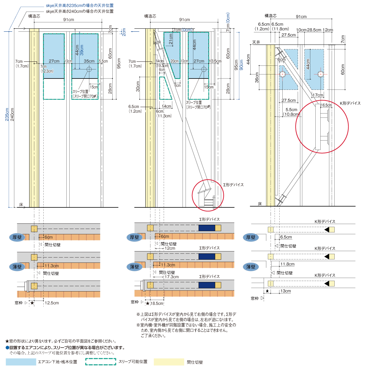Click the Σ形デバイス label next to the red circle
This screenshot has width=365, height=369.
pos(233,185)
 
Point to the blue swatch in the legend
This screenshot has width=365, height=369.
pos(21,362)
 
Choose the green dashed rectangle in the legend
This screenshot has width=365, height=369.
pos(101,362)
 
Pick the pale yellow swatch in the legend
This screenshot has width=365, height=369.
pos(169,362)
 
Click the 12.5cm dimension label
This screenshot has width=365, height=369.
pos(52,303)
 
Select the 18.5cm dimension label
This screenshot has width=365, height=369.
pos(157,303)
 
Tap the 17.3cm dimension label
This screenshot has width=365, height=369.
pos(172,277)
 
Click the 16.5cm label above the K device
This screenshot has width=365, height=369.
pos(326,105)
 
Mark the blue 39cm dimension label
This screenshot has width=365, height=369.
pos(82,50)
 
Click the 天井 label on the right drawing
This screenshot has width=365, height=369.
pos(256,42)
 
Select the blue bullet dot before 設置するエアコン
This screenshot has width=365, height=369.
pos(7,348)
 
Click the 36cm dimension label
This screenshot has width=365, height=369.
pos(257,77)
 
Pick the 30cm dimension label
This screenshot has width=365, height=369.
pos(138,86)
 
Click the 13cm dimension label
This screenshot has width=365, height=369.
pos(285,291)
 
